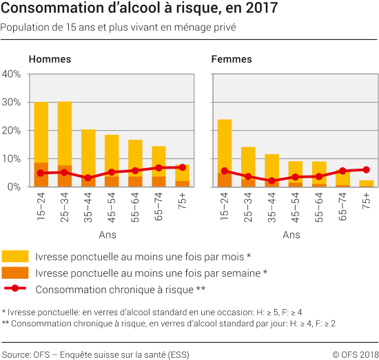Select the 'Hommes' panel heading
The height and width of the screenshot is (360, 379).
click(50, 59)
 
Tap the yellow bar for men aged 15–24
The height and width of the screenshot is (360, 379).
click(41, 131)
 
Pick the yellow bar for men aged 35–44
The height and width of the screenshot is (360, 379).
click(88, 155)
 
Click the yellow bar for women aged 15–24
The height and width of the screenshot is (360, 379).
click(225, 145)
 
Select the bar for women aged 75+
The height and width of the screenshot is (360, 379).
click(367, 183)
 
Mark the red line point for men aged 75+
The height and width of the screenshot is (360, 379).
click(183, 167)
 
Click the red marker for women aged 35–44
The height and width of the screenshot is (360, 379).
click(272, 181)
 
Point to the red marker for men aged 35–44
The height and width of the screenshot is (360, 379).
click(88, 178)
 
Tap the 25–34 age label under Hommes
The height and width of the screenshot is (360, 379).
click(65, 207)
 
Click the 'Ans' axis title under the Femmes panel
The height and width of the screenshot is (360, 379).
click(291, 235)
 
